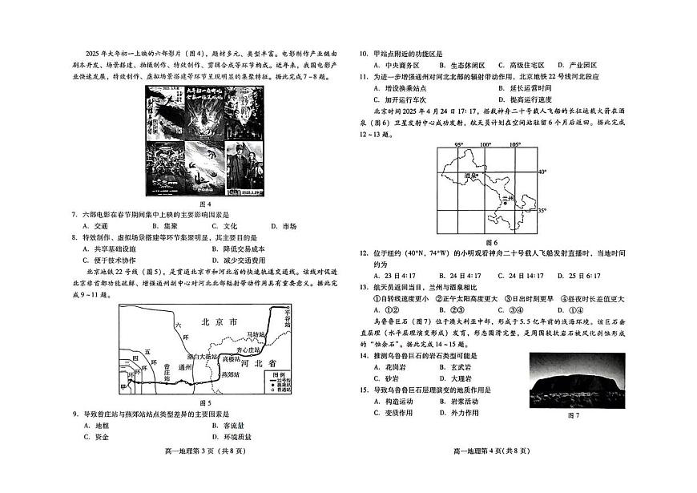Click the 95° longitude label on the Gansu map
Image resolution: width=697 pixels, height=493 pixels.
tap(459, 145)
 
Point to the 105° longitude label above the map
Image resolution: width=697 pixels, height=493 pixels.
tap(515, 145)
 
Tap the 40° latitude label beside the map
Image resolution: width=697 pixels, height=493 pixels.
tap(542, 172)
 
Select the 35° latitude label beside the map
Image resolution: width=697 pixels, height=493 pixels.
tap(542, 210)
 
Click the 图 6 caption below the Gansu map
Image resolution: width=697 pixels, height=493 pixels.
tap(491, 242)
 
